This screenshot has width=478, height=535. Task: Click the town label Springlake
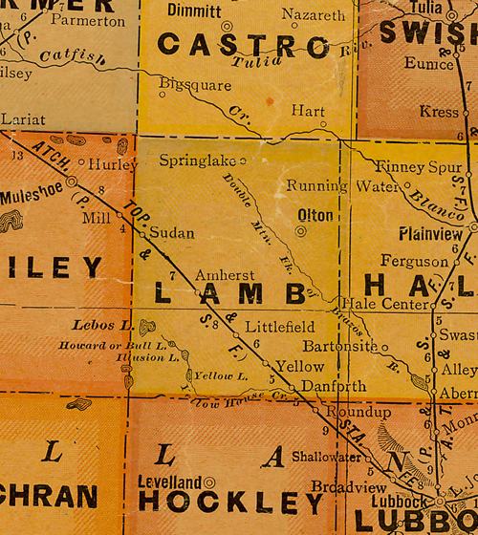pos(197,159)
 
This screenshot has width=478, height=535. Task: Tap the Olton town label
pos(315,215)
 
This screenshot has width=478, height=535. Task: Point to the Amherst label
pos(225,274)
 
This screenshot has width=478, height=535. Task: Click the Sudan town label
pos(172,232)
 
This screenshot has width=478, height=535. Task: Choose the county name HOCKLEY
pos(232,501)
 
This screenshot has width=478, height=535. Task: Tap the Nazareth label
pos(314,16)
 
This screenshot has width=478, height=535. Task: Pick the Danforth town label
pos(333,386)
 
